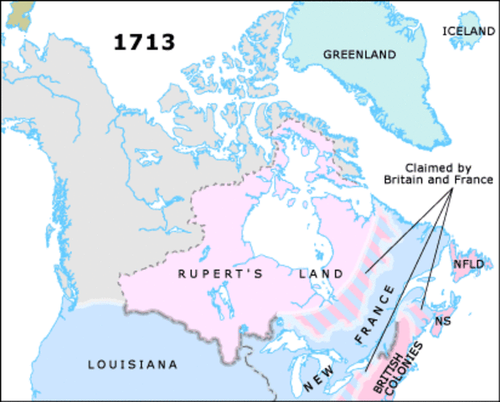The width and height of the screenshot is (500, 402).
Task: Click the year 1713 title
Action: (146, 42)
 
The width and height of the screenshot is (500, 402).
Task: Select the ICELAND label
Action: (468, 31)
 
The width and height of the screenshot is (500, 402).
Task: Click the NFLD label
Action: (466, 265)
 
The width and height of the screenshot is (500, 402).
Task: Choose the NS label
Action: (443, 322)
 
